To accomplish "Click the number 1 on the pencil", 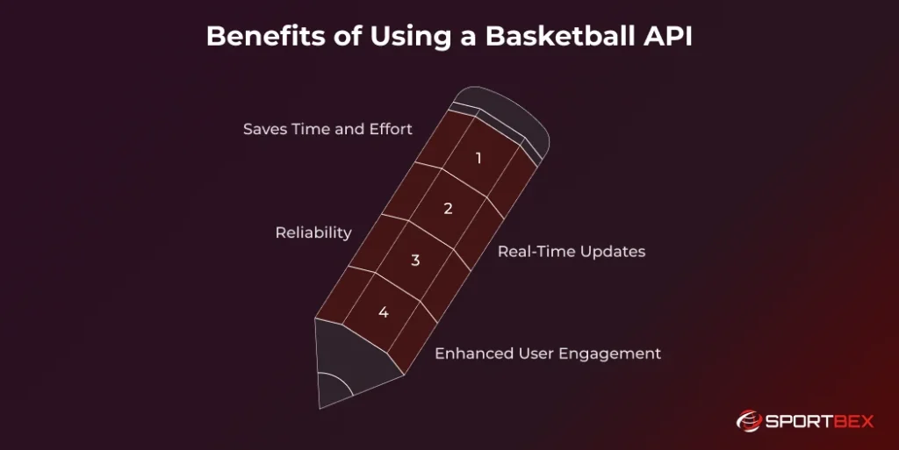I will click(478, 159).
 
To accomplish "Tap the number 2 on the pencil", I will click(448, 209).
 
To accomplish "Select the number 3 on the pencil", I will click(415, 261).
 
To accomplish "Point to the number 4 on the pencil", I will click(384, 312).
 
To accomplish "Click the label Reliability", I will click(313, 232).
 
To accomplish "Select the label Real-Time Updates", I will click(572, 252).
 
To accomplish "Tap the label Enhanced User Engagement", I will click(548, 354).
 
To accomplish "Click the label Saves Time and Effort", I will click(327, 129).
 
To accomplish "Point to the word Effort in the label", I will click(390, 129).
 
